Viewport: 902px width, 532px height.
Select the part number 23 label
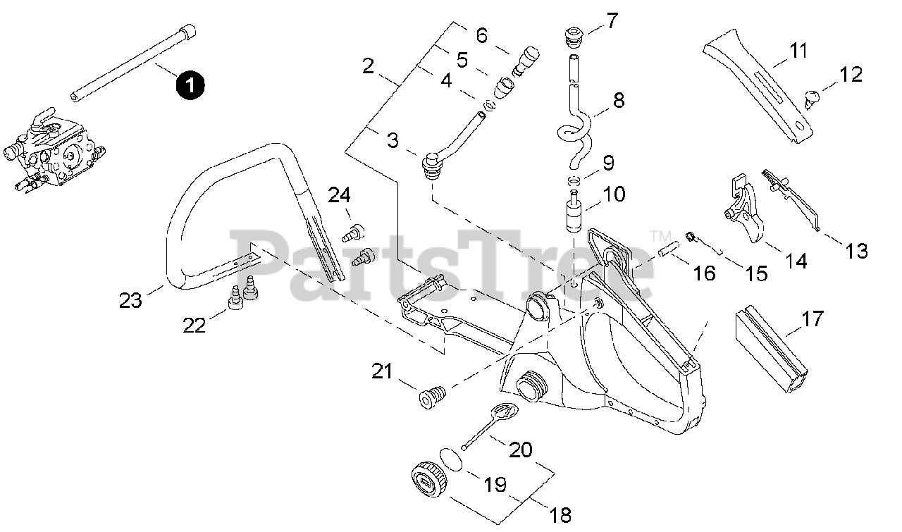pos(130,301)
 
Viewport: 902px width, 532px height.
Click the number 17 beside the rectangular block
pos(812,319)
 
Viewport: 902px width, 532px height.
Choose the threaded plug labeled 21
pos(433,396)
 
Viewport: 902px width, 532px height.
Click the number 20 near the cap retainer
pos(521,450)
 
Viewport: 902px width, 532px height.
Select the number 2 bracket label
pos(368,67)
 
